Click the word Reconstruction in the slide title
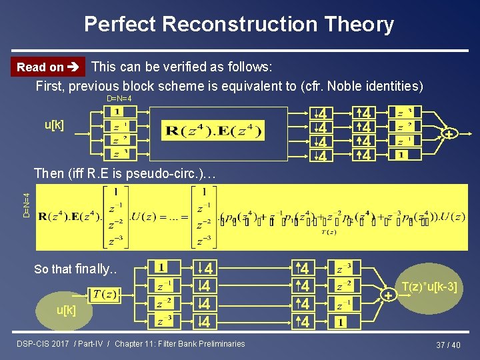pyautogui.click(x=239, y=25)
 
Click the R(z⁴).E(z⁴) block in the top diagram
pyautogui.click(x=213, y=131)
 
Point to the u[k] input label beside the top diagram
pyautogui.click(x=55, y=125)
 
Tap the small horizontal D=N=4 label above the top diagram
pyautogui.click(x=119, y=99)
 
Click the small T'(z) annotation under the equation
pyautogui.click(x=328, y=233)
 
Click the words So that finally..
pyautogui.click(x=75, y=269)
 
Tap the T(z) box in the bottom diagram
pyautogui.click(x=105, y=295)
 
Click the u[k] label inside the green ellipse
pyautogui.click(x=66, y=311)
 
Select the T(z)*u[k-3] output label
pyautogui.click(x=430, y=287)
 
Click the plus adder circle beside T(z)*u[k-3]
pyautogui.click(x=387, y=294)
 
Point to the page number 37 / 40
pyautogui.click(x=448, y=345)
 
